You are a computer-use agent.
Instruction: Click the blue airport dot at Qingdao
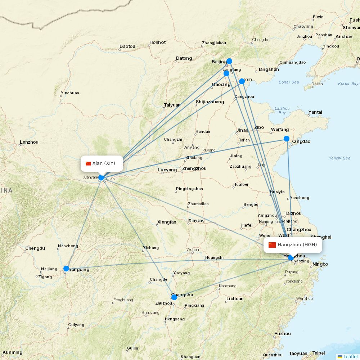tap(287, 139)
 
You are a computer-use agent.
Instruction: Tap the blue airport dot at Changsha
tap(174, 297)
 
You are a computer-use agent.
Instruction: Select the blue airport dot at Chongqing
tap(66, 269)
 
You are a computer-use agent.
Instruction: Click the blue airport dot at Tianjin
tap(242, 81)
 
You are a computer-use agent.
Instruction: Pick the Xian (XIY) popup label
tap(102, 163)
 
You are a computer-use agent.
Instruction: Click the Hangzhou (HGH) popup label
tap(293, 245)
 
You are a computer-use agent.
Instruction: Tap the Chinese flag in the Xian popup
tap(88, 163)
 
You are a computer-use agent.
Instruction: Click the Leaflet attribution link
tap(350, 356)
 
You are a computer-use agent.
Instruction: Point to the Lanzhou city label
tap(29, 142)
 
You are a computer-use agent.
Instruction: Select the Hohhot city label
tap(157, 42)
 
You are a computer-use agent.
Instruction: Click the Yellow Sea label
tap(339, 158)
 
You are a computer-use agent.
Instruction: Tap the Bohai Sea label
tap(289, 82)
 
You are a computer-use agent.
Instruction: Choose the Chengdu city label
tap(35, 248)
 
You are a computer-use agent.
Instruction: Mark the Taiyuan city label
tap(172, 105)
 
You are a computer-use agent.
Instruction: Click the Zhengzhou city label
tap(194, 168)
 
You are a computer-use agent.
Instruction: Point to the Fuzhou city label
tap(282, 334)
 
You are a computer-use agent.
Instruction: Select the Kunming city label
tap(12, 352)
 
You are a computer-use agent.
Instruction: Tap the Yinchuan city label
tap(70, 93)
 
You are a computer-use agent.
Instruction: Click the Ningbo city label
tap(320, 264)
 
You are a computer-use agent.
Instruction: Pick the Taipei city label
tap(318, 353)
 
